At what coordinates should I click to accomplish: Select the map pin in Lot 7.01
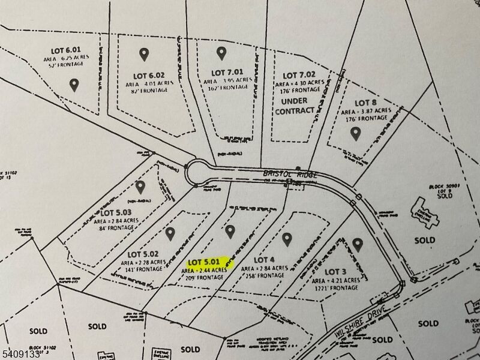coord(221,53)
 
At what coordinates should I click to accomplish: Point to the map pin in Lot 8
coord(355,133)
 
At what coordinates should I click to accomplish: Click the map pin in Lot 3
coord(358,245)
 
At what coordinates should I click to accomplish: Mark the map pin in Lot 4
coord(286,239)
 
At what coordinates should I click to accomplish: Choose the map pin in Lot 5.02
coord(170,233)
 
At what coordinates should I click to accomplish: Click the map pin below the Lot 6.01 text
coord(74,85)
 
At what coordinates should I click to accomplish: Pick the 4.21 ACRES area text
coord(336,280)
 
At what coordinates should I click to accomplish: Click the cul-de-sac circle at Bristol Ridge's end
coord(199,173)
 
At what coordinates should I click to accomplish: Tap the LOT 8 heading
coord(365,103)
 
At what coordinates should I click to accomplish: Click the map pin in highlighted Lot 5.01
coord(230,232)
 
